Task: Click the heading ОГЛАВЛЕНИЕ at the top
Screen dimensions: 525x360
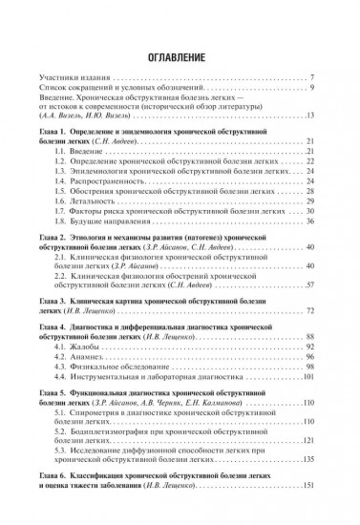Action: [x=179, y=54]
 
